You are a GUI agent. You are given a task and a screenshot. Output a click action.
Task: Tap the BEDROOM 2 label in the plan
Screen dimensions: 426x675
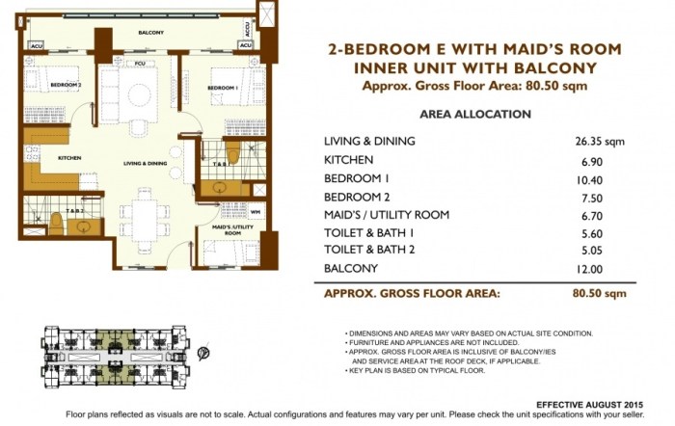click(42, 85)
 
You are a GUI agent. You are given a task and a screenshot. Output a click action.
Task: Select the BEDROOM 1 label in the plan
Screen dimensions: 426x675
click(221, 88)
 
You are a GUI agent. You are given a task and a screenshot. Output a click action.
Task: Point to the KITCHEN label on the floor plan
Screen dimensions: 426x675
click(41, 157)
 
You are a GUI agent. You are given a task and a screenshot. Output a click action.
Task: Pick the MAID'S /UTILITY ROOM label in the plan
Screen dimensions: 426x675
click(232, 229)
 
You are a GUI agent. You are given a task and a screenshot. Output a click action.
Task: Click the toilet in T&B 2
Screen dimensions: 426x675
click(57, 223)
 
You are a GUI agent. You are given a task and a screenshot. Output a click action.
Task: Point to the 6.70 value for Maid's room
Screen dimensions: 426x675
click(590, 214)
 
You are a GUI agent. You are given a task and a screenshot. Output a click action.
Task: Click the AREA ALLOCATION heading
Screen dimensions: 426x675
click(474, 114)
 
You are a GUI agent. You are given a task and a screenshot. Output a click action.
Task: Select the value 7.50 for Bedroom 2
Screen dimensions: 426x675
click(590, 196)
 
